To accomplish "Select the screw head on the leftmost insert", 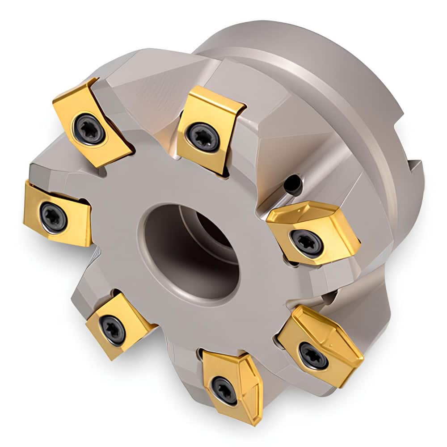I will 53,217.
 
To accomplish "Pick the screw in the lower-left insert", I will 112,330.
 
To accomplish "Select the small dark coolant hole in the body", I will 293,184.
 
